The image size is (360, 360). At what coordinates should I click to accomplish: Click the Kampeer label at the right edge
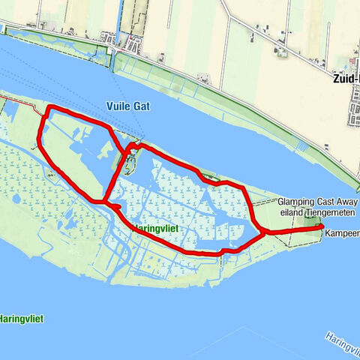(x=342, y=234)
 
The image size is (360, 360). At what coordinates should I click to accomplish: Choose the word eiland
(x=290, y=211)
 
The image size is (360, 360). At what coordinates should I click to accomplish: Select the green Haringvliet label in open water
(x=21, y=319)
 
